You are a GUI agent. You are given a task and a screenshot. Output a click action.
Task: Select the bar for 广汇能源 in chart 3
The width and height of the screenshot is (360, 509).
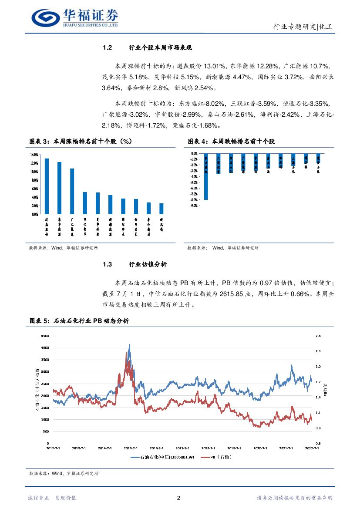pyautogui.click(x=72, y=192)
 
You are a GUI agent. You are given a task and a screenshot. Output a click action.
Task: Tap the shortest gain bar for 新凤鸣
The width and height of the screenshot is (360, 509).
pyautogui.click(x=161, y=209)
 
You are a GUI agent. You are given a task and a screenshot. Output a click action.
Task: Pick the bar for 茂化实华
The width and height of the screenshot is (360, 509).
pyautogui.click(x=85, y=203)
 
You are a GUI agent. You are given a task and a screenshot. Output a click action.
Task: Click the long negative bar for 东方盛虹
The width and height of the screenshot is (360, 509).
pyautogui.click(x=206, y=176)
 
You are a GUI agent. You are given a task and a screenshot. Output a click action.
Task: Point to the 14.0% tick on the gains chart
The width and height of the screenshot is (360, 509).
pyautogui.click(x=34, y=155)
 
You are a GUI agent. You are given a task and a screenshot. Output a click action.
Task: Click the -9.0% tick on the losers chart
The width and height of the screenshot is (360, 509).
pyautogui.click(x=193, y=206)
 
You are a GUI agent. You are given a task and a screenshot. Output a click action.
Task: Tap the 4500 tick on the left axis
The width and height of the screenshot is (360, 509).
pyautogui.click(x=44, y=336)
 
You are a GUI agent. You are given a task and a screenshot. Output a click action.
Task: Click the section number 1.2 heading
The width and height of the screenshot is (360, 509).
pyautogui.click(x=108, y=47)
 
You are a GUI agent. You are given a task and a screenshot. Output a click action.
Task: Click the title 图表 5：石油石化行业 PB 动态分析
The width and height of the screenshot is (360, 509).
pyautogui.click(x=79, y=321)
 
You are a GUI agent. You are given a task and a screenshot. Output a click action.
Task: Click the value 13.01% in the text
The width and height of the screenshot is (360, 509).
pyautogui.click(x=215, y=66)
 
